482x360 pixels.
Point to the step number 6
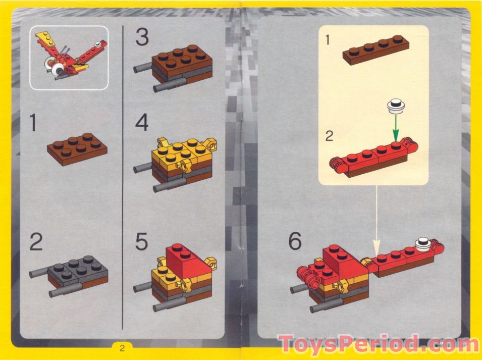click(x=295, y=242)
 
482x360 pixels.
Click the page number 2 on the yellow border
click(x=122, y=348)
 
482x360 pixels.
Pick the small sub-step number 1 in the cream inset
click(x=329, y=40)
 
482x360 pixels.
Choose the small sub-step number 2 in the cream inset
click(x=329, y=136)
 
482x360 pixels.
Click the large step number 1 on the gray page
click(x=33, y=123)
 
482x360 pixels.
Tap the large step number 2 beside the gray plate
click(x=36, y=243)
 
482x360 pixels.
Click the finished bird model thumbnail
click(x=69, y=58)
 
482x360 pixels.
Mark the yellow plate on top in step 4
click(x=177, y=152)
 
